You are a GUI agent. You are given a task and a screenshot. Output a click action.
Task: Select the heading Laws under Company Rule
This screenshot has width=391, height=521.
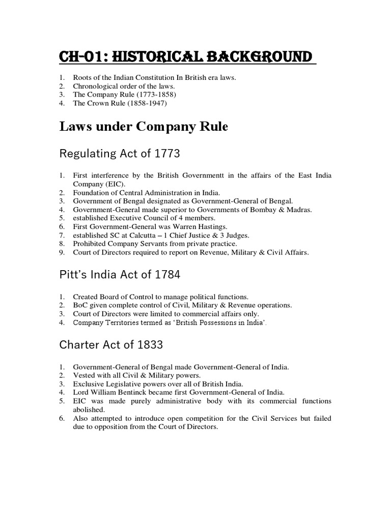point(144,127)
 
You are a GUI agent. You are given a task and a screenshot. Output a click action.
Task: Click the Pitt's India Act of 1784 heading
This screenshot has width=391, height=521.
point(120,275)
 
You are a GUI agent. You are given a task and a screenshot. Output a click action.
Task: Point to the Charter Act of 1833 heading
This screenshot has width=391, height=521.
point(111,344)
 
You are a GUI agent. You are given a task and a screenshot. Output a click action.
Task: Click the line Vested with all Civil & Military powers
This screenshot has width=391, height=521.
point(136,375)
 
